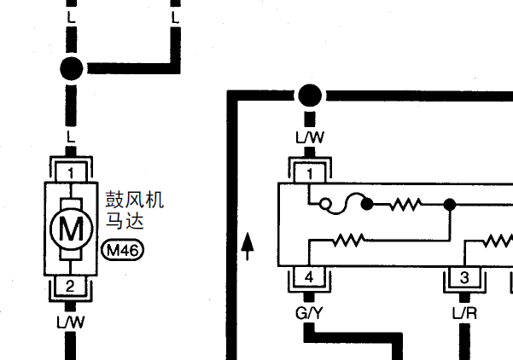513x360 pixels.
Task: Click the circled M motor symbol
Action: tap(72, 229)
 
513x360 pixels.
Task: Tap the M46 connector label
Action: tap(123, 250)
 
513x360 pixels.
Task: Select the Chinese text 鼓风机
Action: tap(135, 200)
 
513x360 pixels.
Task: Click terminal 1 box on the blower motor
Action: tap(71, 172)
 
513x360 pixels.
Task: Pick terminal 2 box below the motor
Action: tap(70, 286)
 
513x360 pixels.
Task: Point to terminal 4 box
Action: tap(309, 277)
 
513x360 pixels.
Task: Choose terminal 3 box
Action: tap(464, 277)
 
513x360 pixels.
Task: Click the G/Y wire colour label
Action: tap(309, 313)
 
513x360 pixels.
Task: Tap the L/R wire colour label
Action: tap(464, 314)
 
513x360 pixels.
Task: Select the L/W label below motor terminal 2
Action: tap(71, 322)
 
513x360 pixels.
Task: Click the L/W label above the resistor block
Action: tap(310, 137)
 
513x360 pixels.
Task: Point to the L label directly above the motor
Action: tap(71, 136)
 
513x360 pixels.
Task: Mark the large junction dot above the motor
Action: tap(72, 68)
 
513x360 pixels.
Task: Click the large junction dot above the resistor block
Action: tap(310, 96)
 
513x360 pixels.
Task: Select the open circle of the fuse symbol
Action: tap(325, 204)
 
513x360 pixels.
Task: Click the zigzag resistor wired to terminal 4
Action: tap(349, 240)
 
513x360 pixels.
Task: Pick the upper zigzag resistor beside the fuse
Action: tap(405, 204)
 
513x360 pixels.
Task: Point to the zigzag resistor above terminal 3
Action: tap(498, 241)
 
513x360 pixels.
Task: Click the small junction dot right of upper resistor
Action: tap(450, 205)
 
